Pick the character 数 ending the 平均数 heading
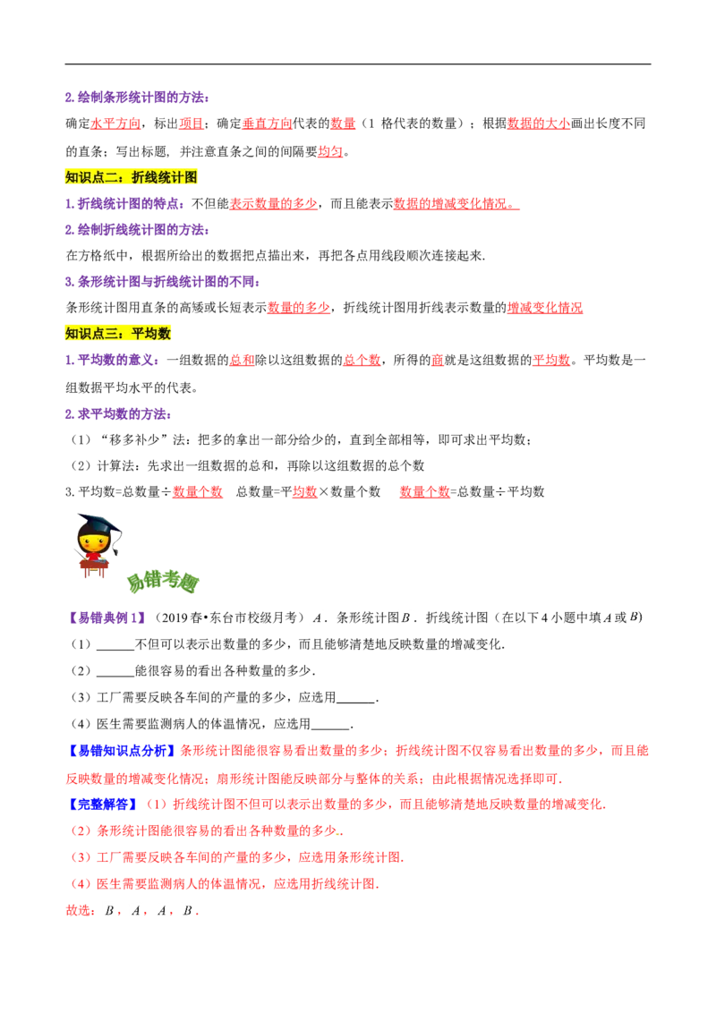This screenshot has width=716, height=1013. tap(165, 334)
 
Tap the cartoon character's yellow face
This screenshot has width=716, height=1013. tap(93, 541)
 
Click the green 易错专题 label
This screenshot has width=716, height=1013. tap(163, 582)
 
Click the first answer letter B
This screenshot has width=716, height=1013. tap(109, 911)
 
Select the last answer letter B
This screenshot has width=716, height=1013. tap(188, 911)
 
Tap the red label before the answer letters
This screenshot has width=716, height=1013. tap(79, 911)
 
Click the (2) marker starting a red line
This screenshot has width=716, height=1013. tap(81, 831)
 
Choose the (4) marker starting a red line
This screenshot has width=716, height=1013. tap(81, 884)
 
